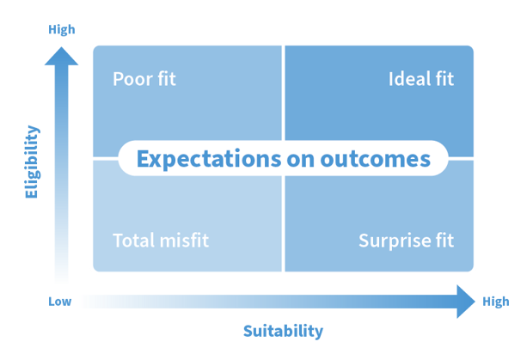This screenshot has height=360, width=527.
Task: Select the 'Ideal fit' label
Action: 421,80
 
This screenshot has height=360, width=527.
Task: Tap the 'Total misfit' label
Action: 161,240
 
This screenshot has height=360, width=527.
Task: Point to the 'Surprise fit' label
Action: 406,240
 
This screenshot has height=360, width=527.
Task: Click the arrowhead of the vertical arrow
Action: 60,57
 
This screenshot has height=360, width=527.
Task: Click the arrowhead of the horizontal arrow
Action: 465,301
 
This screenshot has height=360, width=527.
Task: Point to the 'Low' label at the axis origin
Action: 58,301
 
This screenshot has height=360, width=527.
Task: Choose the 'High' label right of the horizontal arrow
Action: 496,301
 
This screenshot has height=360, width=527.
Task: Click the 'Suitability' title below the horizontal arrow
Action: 272,331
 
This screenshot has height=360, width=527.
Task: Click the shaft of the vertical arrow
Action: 60,172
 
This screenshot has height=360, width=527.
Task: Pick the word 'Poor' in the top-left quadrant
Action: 129,80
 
